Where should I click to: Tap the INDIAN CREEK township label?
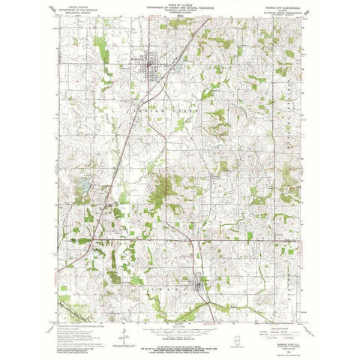pos(180,107)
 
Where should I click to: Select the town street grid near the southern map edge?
pos(199,285)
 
